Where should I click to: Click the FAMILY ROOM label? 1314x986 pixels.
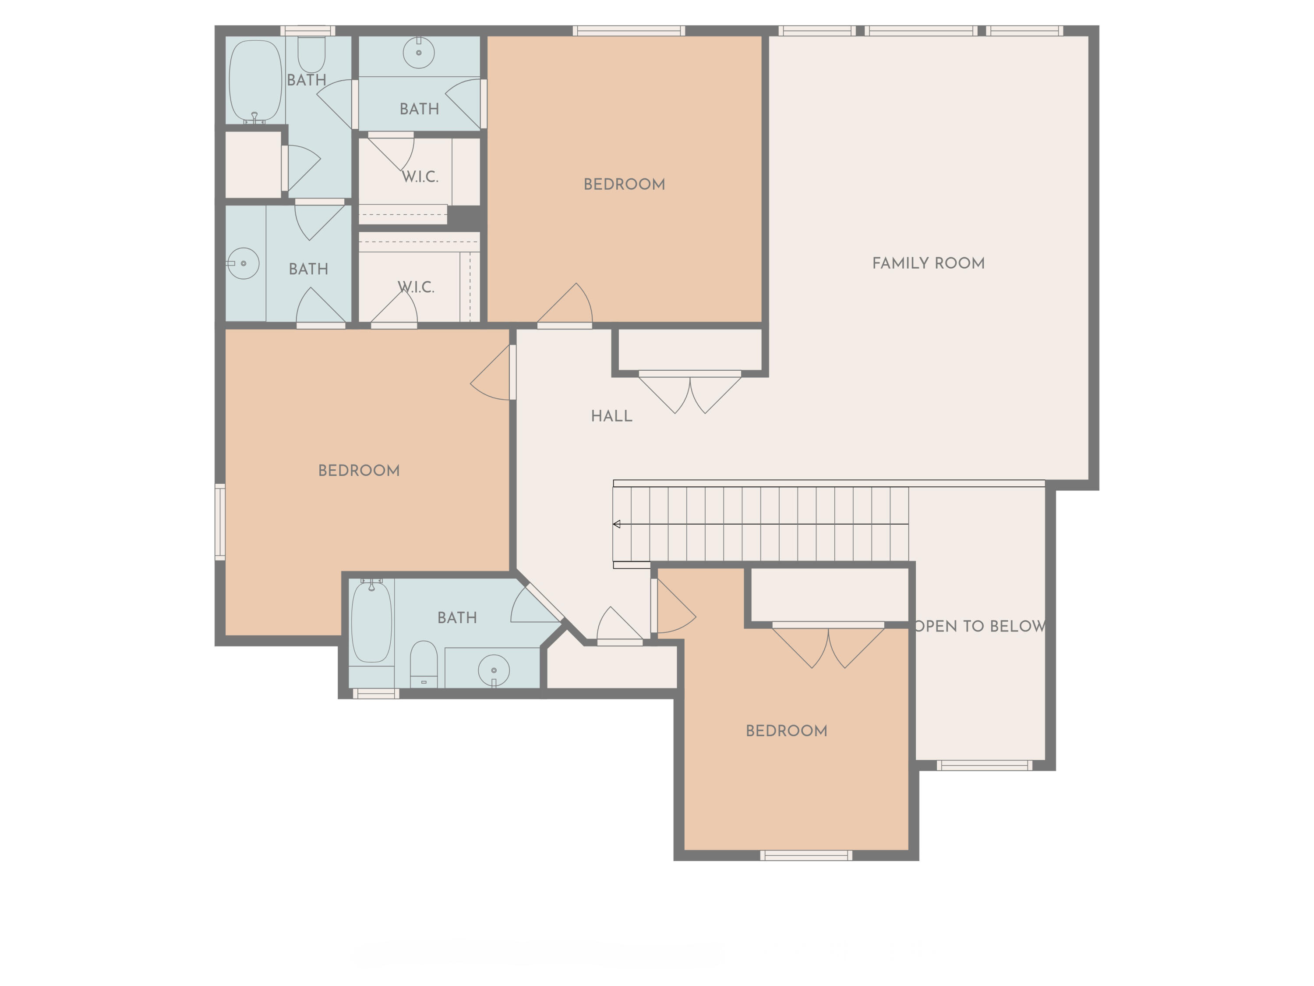tap(928, 263)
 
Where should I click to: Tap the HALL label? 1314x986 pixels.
tap(611, 416)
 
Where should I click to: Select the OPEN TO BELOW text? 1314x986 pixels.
tap(980, 626)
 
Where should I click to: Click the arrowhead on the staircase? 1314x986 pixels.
tap(617, 524)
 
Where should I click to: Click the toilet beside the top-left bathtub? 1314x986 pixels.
tap(311, 55)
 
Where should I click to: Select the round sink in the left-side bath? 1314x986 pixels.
tap(244, 263)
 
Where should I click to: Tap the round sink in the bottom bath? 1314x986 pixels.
tap(494, 670)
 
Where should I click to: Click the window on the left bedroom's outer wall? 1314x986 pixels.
tap(220, 522)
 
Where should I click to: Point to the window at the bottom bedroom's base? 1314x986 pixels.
tap(806, 855)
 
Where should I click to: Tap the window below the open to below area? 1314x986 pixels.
tap(984, 766)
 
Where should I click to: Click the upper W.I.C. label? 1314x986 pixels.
tap(420, 177)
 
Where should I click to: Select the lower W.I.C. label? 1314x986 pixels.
tap(416, 287)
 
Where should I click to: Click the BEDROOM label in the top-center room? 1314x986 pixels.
tap(624, 184)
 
